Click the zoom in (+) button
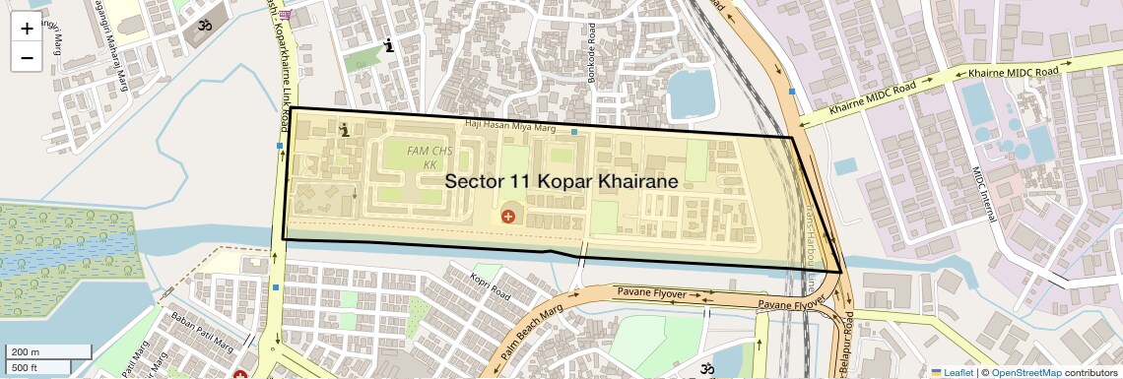[27, 28]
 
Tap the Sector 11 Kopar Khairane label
[561, 182]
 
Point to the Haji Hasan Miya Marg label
[511, 128]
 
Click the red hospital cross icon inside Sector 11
[508, 215]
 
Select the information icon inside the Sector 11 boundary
[345, 129]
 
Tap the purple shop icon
[285, 14]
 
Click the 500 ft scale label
[26, 368]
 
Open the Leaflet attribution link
[952, 373]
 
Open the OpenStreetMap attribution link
[1025, 373]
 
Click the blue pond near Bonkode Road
[694, 95]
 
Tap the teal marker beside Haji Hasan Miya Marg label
[574, 131]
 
